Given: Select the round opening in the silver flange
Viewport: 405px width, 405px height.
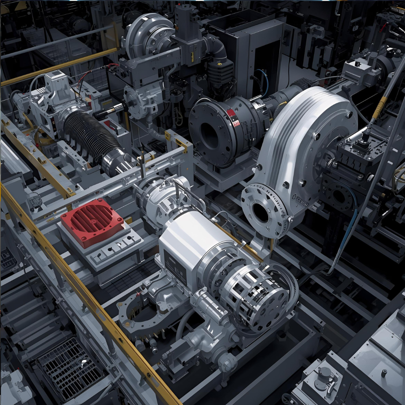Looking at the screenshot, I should pyautogui.click(x=261, y=212).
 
